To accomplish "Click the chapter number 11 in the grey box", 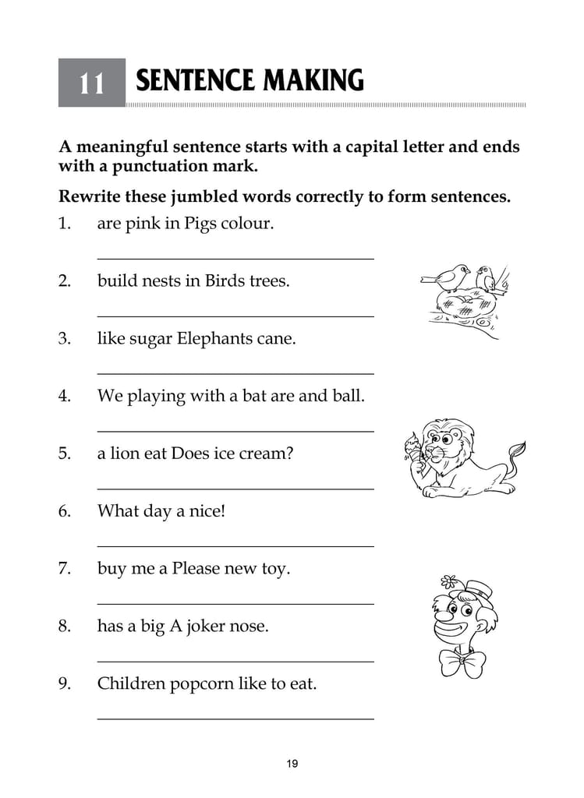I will (x=91, y=83).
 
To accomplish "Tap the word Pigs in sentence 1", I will (x=202, y=224).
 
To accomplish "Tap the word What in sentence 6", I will (x=117, y=511).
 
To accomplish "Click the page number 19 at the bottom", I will (x=292, y=764).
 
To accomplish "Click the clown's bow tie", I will (x=461, y=663).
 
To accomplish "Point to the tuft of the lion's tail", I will (x=516, y=449).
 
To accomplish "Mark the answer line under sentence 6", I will (x=235, y=546).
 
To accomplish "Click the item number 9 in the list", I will (x=65, y=684).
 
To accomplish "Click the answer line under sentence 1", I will (x=235, y=258).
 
